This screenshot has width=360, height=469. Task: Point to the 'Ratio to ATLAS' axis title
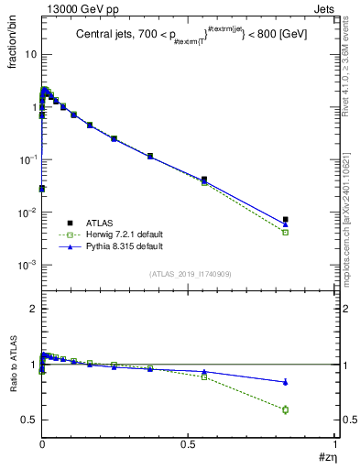[15, 367]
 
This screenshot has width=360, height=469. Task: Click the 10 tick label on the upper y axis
[30, 54]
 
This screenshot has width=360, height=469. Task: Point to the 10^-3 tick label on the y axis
[27, 265]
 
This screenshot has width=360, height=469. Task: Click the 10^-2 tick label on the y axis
[27, 213]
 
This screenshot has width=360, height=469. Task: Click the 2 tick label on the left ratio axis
[33, 310]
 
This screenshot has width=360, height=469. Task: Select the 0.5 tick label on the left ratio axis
[29, 420]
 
